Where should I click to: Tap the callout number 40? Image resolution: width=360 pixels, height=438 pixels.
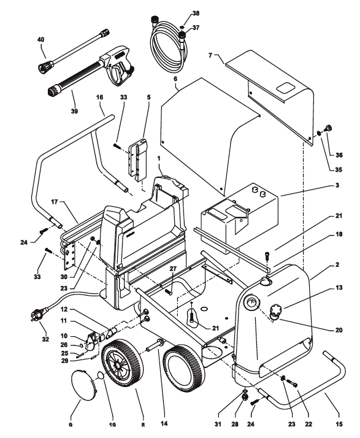[40, 40]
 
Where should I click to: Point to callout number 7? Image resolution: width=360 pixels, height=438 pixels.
[210, 55]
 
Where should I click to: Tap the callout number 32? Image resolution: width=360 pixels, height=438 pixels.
[45, 339]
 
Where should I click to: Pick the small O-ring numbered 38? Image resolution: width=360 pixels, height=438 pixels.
[182, 27]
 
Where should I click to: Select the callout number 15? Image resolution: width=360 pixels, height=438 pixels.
[339, 423]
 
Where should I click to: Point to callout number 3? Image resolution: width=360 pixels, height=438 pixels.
[337, 185]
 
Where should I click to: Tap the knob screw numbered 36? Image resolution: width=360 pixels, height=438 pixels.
[327, 129]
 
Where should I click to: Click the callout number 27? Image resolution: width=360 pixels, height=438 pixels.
[173, 269]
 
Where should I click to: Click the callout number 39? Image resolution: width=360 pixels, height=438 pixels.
[74, 111]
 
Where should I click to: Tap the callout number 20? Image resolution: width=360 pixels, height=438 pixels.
[339, 330]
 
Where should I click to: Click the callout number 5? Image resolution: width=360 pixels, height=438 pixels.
[148, 97]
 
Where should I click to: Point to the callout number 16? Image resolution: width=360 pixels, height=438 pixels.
[99, 97]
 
